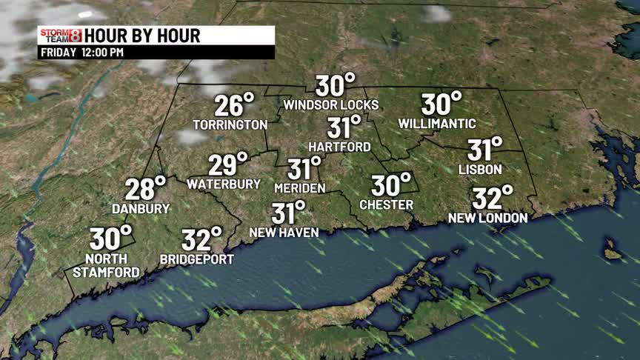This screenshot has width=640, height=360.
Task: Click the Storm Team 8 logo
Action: [x=60, y=36]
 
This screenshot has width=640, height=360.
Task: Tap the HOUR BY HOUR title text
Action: [x=142, y=36]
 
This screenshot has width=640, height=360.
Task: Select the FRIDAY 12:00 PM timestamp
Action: [x=81, y=53]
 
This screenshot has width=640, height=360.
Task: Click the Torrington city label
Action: [x=230, y=124]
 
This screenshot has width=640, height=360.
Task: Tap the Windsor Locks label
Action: [x=330, y=104]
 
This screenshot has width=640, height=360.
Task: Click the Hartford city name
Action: [x=339, y=147]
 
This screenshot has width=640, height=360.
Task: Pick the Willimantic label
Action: [x=437, y=123]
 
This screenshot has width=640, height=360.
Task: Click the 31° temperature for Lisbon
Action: [x=484, y=150]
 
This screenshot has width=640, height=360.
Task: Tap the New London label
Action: [x=487, y=218]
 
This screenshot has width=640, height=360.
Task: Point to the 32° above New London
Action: [x=493, y=199]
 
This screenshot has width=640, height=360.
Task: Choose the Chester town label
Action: [x=386, y=204]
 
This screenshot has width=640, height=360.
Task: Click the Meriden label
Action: [x=299, y=188]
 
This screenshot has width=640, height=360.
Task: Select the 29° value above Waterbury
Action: [x=227, y=164]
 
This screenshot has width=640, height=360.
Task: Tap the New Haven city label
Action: [x=284, y=233]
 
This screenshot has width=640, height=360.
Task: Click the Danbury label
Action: [x=141, y=209]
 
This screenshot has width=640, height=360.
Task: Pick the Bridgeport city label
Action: [x=197, y=259]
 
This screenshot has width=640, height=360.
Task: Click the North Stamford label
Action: [x=105, y=265]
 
